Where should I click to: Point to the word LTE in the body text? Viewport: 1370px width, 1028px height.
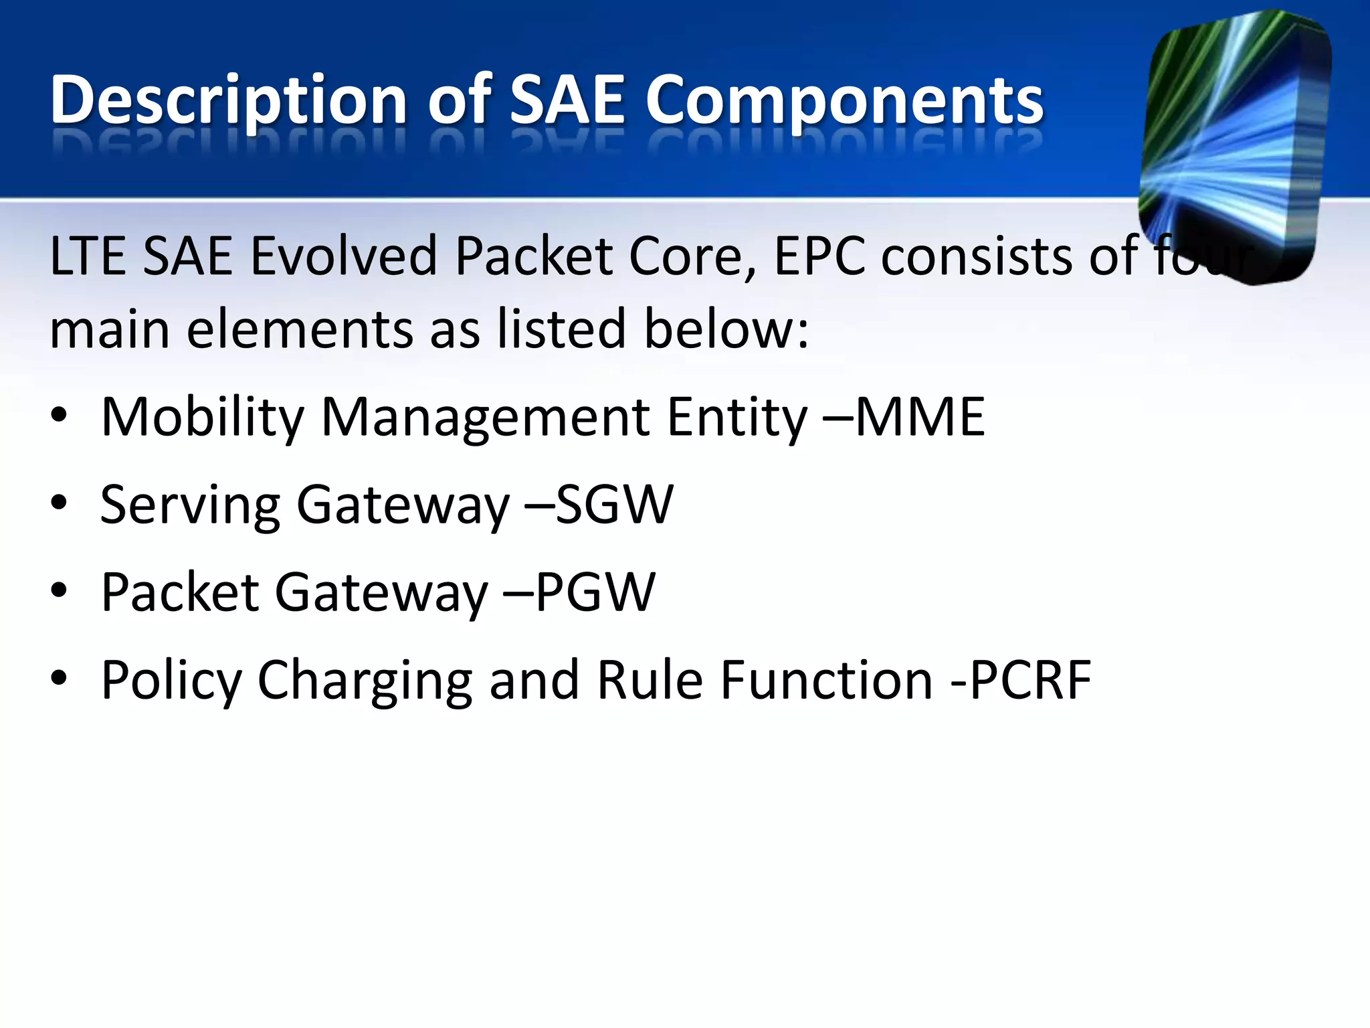point(87,256)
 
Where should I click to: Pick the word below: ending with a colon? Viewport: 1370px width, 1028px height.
point(726,329)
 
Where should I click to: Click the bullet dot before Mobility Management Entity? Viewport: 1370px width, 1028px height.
point(59,416)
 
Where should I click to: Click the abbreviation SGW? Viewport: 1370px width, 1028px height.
point(614,504)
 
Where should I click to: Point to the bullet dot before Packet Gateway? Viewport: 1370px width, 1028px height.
point(59,591)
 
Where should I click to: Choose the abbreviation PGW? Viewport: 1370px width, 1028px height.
point(595,592)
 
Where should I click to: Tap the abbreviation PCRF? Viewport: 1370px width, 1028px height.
point(1030,680)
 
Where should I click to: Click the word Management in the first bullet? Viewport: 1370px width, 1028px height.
point(486,416)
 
